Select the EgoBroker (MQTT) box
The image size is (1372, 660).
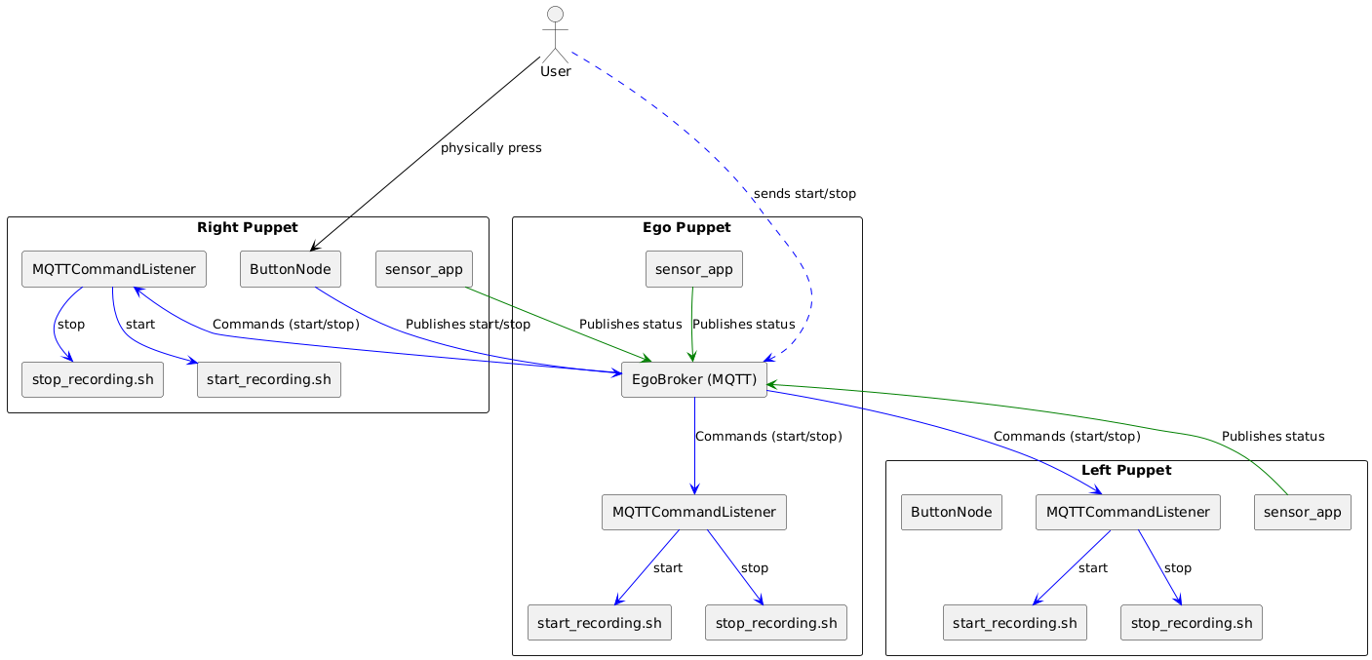[x=694, y=379]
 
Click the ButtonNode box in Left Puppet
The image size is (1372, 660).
[x=952, y=512]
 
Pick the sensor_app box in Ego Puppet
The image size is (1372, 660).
[x=694, y=269]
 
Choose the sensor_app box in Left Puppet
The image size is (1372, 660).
[x=1302, y=512]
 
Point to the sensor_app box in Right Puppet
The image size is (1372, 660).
[x=424, y=269]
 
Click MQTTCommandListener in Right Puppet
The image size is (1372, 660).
[x=114, y=269]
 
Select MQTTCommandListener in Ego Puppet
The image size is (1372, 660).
[x=694, y=512]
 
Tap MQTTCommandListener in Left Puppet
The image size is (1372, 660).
[x=1127, y=512]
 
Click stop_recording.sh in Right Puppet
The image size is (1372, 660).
[x=93, y=379]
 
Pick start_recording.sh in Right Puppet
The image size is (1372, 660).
[x=269, y=379]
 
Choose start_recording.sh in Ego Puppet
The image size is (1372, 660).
[x=599, y=622]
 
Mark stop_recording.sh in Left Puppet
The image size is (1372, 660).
[x=1192, y=622]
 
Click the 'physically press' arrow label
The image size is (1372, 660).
[x=490, y=148]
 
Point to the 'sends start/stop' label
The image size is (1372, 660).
[x=804, y=194]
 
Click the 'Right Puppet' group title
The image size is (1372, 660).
[x=247, y=228]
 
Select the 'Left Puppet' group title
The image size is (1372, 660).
[x=1125, y=471]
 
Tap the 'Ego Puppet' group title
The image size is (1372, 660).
[x=686, y=228]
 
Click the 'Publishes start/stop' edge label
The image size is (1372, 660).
[x=468, y=324]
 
